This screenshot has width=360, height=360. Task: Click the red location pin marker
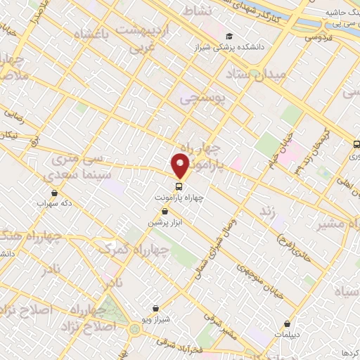tap(181, 166)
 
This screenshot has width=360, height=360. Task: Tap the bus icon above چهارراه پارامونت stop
tap(179, 186)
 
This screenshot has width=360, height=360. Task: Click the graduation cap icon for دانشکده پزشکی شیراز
tap(230, 37)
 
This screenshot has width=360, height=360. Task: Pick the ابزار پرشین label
tap(164, 222)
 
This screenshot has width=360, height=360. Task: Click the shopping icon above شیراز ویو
tap(155, 308)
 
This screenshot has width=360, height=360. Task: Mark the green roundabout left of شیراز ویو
tap(134, 329)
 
